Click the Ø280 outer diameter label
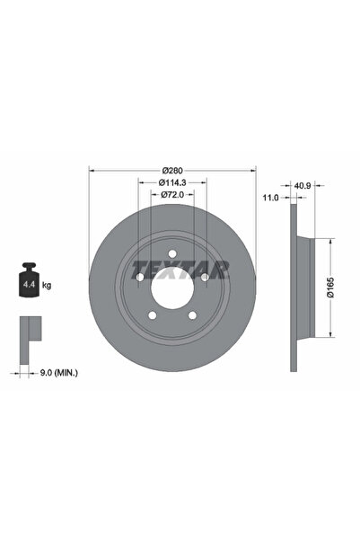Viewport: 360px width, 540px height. pos(173,170)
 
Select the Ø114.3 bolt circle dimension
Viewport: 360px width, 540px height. pos(173,182)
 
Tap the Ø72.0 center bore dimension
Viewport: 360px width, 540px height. pos(173,194)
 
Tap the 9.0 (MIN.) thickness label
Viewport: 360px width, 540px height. pos(58,372)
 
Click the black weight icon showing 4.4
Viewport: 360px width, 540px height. pos(29,282)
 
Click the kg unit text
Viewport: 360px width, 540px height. pos(47,285)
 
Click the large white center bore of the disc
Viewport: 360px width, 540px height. pos(173,289)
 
